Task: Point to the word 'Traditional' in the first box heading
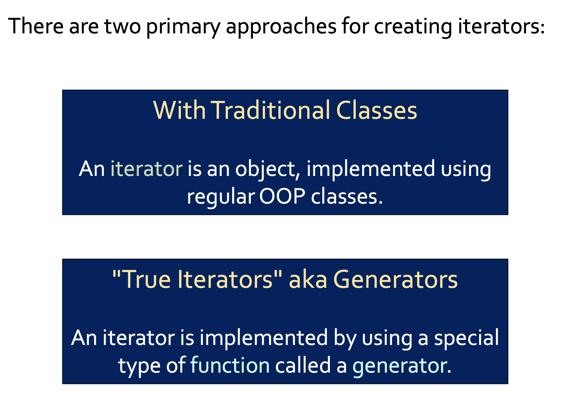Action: click(270, 110)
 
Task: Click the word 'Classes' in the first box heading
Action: click(377, 110)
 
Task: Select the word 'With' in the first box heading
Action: click(179, 110)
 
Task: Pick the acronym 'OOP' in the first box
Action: click(282, 197)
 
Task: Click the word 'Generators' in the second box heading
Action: click(395, 279)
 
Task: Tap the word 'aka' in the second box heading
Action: click(308, 279)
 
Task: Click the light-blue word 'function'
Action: click(230, 365)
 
